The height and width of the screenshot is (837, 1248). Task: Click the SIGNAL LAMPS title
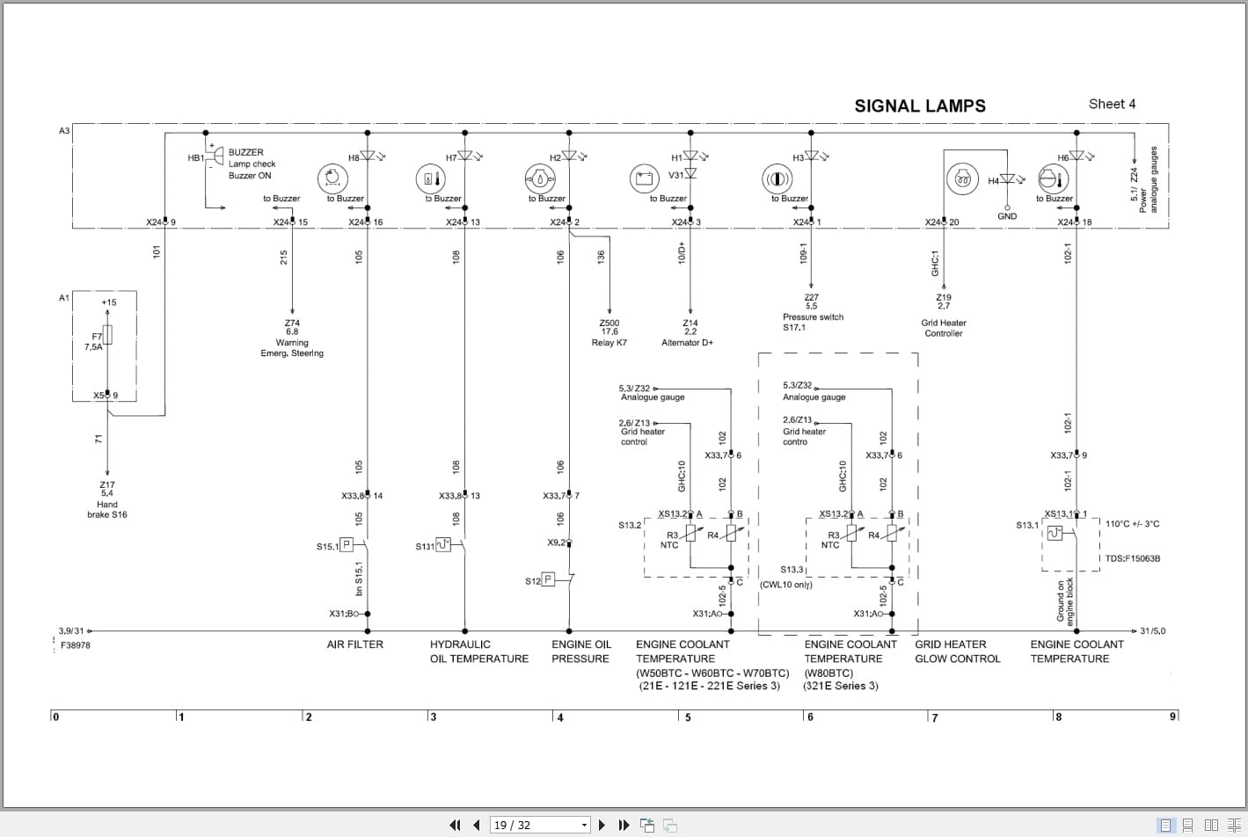920,106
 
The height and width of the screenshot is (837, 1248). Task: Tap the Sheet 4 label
1112,104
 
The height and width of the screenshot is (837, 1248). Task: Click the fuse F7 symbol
107,335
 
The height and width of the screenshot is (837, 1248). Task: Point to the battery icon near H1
644,178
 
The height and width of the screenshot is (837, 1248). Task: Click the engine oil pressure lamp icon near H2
538,178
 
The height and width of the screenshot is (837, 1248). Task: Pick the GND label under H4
1007,216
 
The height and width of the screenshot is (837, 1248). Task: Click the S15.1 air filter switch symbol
347,545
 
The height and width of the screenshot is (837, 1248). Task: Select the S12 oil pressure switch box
548,579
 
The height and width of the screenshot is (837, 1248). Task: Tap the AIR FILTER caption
354,644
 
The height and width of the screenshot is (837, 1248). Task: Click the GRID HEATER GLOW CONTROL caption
957,651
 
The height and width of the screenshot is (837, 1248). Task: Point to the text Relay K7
609,343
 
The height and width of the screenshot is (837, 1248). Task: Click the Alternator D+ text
687,343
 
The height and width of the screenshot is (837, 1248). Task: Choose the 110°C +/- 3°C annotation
1132,524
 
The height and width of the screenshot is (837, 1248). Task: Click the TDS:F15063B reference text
1132,558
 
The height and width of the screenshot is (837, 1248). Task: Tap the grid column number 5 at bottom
688,717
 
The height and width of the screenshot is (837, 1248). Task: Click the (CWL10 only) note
785,585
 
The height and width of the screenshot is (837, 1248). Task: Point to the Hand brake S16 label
106,510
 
